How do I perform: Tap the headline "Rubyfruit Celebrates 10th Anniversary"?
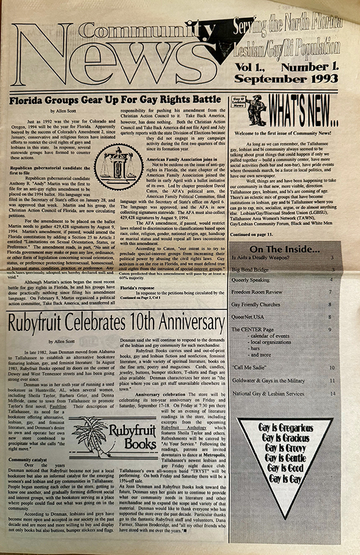click(117, 323)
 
